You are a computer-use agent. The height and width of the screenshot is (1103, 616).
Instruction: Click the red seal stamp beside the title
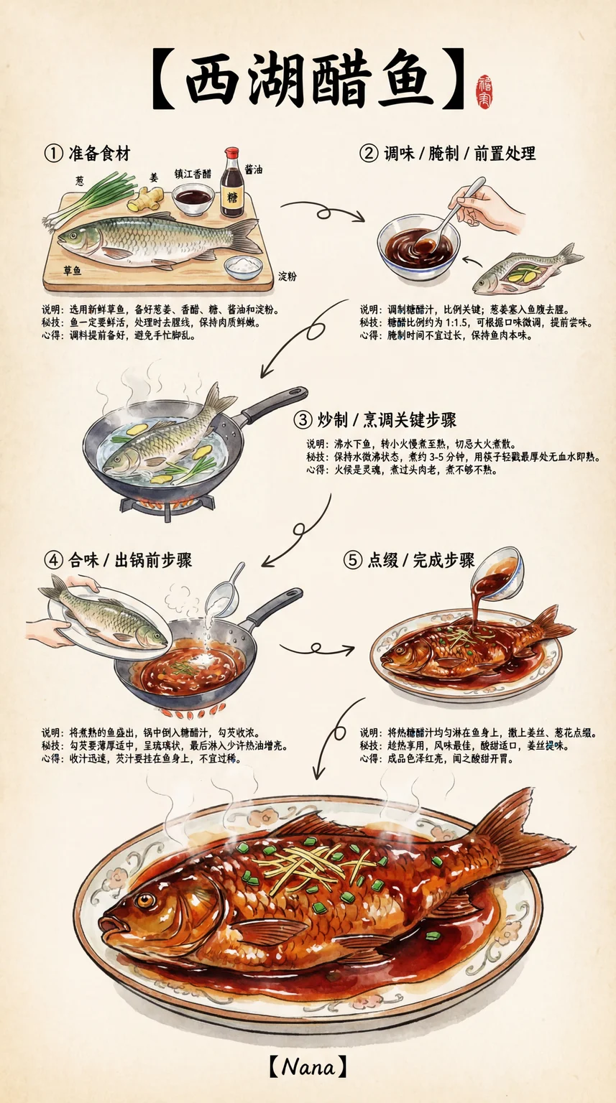(484, 92)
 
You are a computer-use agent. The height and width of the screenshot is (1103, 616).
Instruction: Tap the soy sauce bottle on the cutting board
(231, 182)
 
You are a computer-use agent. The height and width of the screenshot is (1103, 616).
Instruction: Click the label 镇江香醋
(193, 174)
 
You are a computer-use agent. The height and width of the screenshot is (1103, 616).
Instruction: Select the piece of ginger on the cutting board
(144, 198)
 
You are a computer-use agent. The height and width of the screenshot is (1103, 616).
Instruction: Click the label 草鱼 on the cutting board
(73, 271)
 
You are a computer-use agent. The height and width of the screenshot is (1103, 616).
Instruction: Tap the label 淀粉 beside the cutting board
(288, 276)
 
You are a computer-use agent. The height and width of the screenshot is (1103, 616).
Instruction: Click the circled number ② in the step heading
(369, 154)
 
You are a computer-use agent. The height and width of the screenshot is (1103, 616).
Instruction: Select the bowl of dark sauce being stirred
(418, 248)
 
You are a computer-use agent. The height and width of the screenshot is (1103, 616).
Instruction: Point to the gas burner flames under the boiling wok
(167, 503)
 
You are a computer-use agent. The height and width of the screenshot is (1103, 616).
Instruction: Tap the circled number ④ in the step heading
(54, 560)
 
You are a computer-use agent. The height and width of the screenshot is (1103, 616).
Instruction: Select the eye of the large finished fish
(144, 900)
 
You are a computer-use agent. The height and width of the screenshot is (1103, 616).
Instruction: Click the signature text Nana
(308, 1067)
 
